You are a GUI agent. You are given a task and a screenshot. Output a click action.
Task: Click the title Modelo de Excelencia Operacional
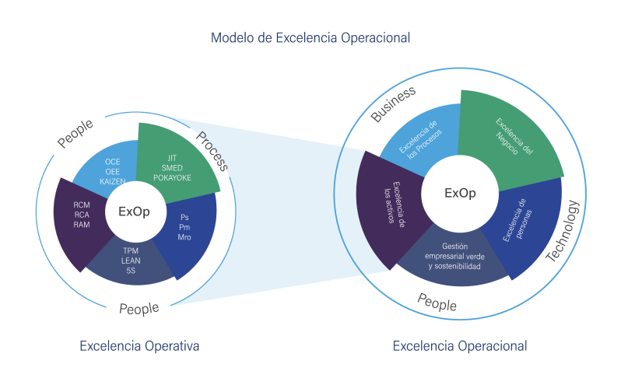tap(310, 37)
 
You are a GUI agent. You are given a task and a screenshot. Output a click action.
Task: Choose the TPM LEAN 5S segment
tap(130, 260)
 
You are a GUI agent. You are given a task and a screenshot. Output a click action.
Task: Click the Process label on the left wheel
tap(210, 152)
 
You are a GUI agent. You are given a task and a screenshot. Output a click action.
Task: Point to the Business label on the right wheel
tap(393, 103)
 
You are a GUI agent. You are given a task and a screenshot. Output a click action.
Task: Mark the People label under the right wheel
tap(437, 303)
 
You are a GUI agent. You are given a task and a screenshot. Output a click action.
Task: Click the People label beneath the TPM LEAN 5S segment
tap(139, 309)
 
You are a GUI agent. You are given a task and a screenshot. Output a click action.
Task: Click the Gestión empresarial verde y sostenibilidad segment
tap(454, 257)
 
